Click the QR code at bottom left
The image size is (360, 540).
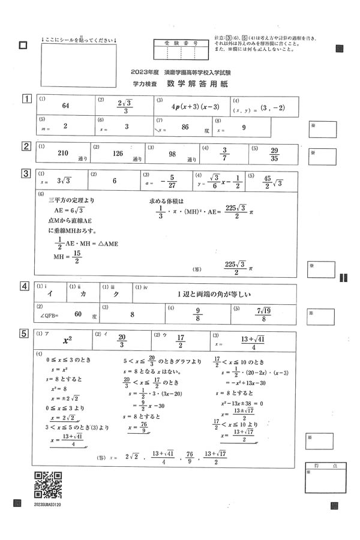pyautogui.click(x=48, y=485)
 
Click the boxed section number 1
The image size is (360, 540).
pyautogui.click(x=26, y=99)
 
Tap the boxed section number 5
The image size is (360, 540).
pyautogui.click(x=26, y=334)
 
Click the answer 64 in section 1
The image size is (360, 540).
pyautogui.click(x=66, y=106)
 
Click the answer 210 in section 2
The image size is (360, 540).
pyautogui.click(x=63, y=153)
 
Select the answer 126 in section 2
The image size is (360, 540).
pyautogui.click(x=118, y=154)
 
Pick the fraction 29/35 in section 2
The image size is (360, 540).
pyautogui.click(x=274, y=154)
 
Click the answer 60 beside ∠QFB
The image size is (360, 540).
pyautogui.click(x=78, y=313)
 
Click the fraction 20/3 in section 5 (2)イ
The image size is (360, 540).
pyautogui.click(x=122, y=340)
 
